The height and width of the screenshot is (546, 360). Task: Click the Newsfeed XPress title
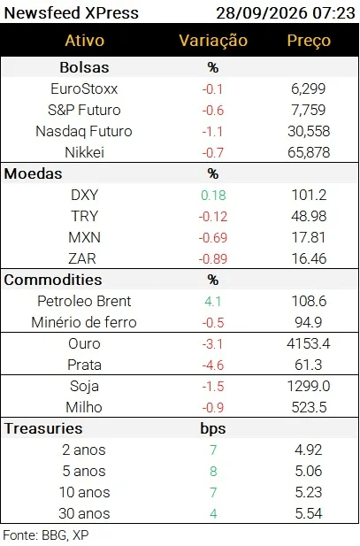coord(72,13)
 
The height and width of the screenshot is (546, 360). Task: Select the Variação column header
coord(213,41)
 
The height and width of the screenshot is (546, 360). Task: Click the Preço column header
coord(309,41)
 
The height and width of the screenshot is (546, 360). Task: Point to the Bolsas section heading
coord(84,67)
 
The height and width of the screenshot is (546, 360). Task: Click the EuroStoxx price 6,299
coord(309,88)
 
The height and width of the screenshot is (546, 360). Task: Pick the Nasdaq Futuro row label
coord(84,131)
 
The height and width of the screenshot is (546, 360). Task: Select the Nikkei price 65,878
coord(309,152)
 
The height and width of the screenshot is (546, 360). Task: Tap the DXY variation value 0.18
coord(213,195)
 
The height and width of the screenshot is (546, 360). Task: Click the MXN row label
coord(84,237)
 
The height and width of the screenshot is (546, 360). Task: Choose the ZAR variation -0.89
coord(213,258)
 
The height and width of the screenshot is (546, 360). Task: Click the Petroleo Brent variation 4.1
coord(213,301)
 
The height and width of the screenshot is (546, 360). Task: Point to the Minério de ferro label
coord(84,322)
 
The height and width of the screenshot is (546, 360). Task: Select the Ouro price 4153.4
coord(309,343)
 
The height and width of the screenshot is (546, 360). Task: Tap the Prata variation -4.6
coord(213,365)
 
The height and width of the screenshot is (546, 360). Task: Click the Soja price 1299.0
coord(309,386)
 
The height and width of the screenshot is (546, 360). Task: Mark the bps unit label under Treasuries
coord(213,428)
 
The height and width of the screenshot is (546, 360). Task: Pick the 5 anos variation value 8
coord(213,471)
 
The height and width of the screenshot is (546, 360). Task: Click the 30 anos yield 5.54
coord(309,513)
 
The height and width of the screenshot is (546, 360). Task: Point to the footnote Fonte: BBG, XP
coord(46,535)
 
